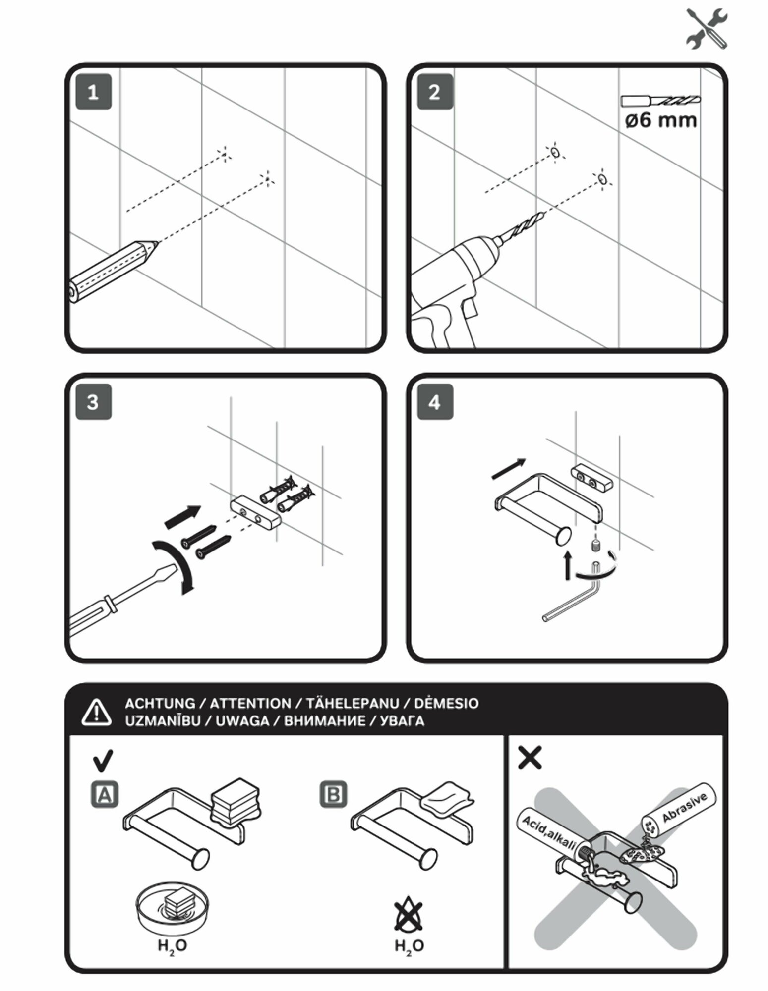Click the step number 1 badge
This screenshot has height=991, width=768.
click(93, 92)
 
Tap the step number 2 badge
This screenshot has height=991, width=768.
click(434, 92)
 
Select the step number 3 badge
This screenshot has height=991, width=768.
click(93, 402)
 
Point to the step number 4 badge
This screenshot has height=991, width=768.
click(434, 402)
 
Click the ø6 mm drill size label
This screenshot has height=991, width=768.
click(661, 120)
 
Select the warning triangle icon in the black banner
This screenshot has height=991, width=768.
click(97, 712)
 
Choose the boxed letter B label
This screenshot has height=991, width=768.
click(333, 794)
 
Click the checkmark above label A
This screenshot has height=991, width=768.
click(103, 761)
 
